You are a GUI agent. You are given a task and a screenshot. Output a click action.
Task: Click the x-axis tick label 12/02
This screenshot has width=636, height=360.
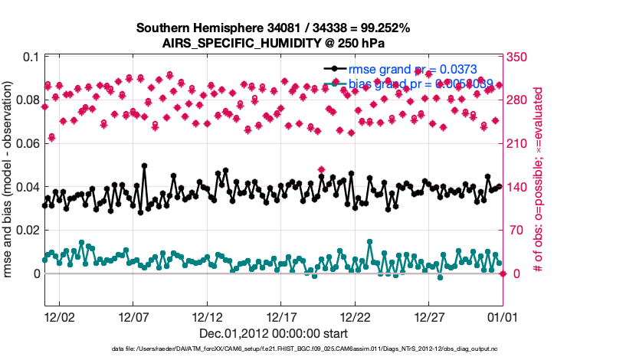coord(59,316)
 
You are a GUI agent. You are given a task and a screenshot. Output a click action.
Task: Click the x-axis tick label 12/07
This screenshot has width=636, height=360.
coord(133,316)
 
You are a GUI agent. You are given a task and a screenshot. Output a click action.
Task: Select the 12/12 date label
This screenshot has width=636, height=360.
coord(208,316)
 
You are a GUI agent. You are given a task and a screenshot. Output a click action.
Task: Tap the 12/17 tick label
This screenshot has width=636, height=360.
coord(282,316)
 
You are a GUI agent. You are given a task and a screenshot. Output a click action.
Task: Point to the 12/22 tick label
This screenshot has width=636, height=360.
coord(356,316)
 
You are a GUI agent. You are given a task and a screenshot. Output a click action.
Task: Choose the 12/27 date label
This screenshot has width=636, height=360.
coord(430,316)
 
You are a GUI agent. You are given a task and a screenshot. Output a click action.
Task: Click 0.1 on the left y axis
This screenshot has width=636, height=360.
coord(31,57)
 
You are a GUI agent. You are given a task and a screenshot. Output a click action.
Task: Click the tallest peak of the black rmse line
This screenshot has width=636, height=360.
coord(145,165)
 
